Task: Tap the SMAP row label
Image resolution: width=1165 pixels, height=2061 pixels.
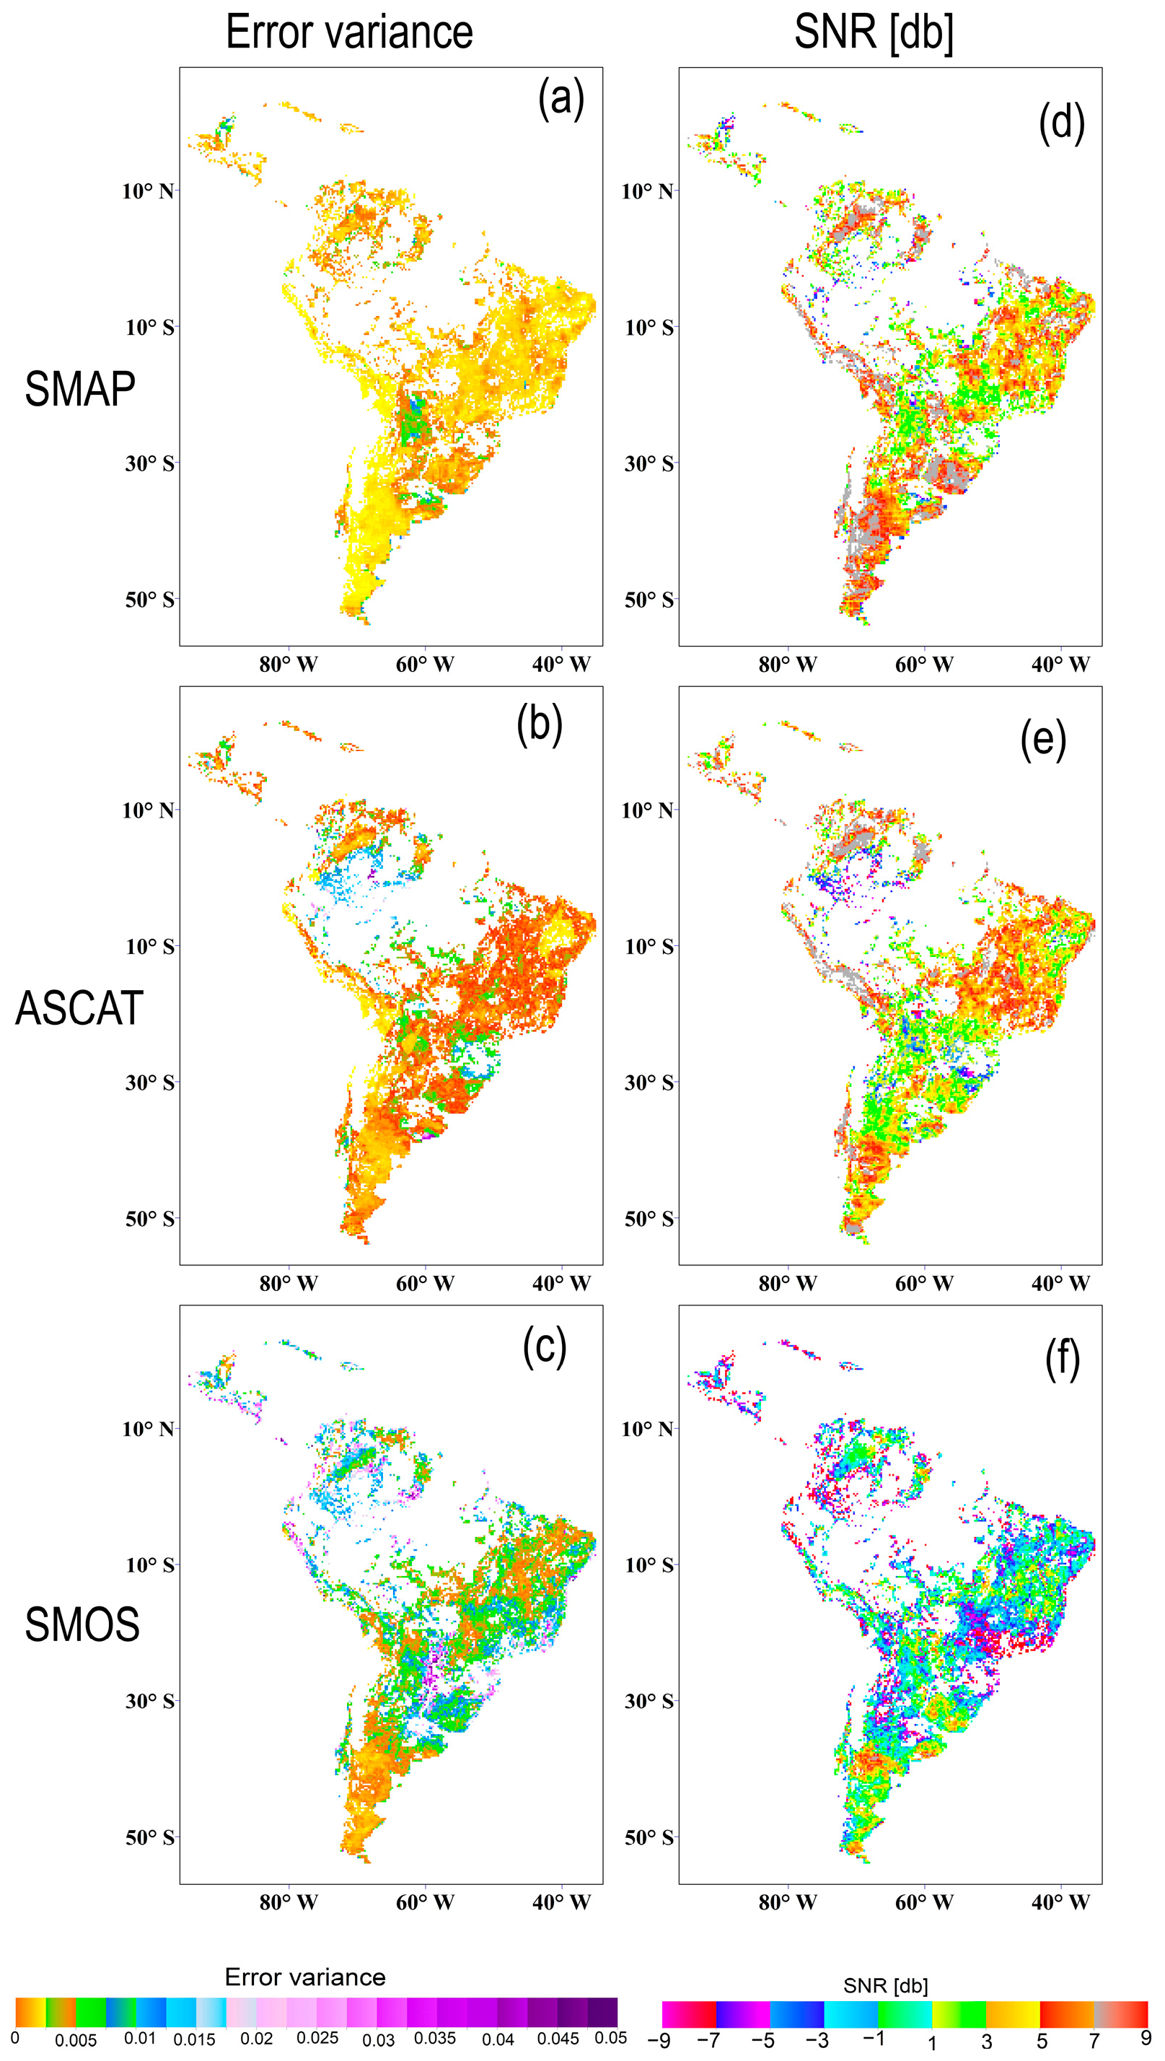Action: pyautogui.click(x=80, y=390)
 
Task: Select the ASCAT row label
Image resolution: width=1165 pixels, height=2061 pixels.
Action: pyautogui.click(x=79, y=1008)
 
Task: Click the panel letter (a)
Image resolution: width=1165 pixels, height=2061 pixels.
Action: pyautogui.click(x=561, y=100)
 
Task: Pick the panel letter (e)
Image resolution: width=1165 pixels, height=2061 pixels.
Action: pyautogui.click(x=1042, y=740)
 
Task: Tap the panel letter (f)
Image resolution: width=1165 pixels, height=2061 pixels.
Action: pyautogui.click(x=1062, y=1358)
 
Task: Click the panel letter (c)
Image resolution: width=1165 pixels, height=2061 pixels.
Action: pyautogui.click(x=544, y=1347)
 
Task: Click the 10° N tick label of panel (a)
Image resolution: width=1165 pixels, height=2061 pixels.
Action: pyautogui.click(x=147, y=191)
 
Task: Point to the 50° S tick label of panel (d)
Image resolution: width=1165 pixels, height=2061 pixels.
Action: pyautogui.click(x=648, y=600)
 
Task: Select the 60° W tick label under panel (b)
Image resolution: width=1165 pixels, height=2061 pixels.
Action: pyautogui.click(x=425, y=1283)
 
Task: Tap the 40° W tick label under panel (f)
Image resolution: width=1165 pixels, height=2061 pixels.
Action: pyautogui.click(x=1060, y=1902)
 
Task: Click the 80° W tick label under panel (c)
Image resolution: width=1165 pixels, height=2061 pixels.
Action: pyautogui.click(x=288, y=1902)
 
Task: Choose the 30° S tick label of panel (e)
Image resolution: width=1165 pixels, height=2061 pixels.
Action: pyautogui.click(x=648, y=1083)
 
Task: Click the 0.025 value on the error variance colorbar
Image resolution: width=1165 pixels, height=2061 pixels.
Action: pyautogui.click(x=317, y=2038)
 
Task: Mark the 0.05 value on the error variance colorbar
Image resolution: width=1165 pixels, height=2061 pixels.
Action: pyautogui.click(x=610, y=2038)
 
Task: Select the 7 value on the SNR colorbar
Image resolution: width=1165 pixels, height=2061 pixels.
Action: pyautogui.click(x=1094, y=2040)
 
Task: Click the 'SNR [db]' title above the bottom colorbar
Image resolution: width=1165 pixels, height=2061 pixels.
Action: pyautogui.click(x=885, y=1986)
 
